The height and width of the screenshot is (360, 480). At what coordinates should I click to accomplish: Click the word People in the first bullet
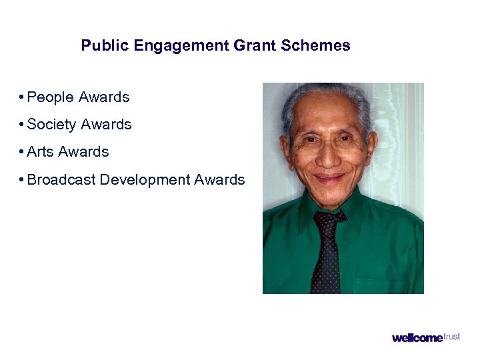[x=51, y=97]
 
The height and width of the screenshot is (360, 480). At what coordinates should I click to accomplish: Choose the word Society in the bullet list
[x=52, y=125]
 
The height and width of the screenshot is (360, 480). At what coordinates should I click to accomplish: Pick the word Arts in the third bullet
[x=40, y=152]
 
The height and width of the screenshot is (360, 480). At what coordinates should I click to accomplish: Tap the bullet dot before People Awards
[x=22, y=97]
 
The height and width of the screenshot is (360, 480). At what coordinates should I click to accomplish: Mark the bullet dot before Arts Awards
[x=22, y=152]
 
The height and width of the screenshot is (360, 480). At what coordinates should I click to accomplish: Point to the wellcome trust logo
[x=425, y=337]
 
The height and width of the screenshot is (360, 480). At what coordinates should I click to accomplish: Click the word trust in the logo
[x=451, y=336]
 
